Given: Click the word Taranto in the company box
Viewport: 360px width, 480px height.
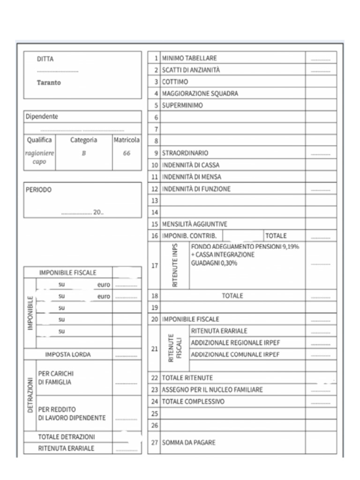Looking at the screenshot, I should pyautogui.click(x=49, y=82).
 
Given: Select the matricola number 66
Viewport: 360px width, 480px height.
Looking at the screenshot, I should pyautogui.click(x=127, y=153).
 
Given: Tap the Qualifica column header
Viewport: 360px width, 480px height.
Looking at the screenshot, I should pyautogui.click(x=40, y=140).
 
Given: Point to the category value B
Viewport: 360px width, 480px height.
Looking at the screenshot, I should pyautogui.click(x=83, y=153).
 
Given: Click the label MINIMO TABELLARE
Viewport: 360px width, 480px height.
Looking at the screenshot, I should pyautogui.click(x=189, y=58).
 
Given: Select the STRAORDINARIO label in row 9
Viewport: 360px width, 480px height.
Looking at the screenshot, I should pyautogui.click(x=185, y=153).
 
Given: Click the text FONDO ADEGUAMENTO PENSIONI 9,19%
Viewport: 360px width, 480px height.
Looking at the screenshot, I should pyautogui.click(x=245, y=247).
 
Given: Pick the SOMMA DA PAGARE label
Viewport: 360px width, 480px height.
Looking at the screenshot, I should pyautogui.click(x=189, y=442).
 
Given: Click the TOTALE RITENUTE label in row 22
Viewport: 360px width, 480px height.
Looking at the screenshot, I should pyautogui.click(x=187, y=378).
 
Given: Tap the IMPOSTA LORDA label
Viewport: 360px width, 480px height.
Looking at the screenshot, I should pyautogui.click(x=68, y=355).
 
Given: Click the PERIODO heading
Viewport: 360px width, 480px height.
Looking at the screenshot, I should pyautogui.click(x=38, y=190).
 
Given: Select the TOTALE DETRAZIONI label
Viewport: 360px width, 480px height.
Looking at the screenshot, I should pyautogui.click(x=67, y=437).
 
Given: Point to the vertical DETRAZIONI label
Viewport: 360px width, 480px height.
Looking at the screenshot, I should pyautogui.click(x=30, y=396).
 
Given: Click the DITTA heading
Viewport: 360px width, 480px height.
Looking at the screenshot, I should pyautogui.click(x=45, y=59).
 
